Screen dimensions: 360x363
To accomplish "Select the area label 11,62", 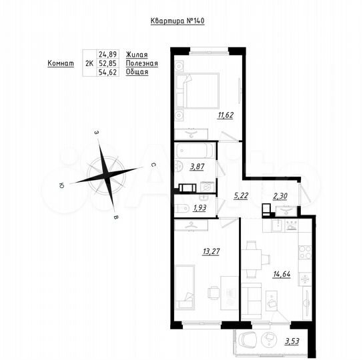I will point(225,115).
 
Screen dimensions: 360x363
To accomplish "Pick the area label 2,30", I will point(282,195).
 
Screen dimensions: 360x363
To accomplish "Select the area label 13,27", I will point(210,252).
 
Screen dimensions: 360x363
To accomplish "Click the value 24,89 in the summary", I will point(107,54).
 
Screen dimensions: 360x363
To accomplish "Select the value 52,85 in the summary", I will point(107,63).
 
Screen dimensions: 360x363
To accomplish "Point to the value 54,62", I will point(107,72).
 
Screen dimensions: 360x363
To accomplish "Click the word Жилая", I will point(137,54).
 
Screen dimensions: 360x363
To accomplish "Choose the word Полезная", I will point(141,63).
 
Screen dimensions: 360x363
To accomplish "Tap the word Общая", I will point(137,72).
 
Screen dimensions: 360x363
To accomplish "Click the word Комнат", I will point(61,63).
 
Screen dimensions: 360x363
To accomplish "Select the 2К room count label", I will point(89,63).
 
